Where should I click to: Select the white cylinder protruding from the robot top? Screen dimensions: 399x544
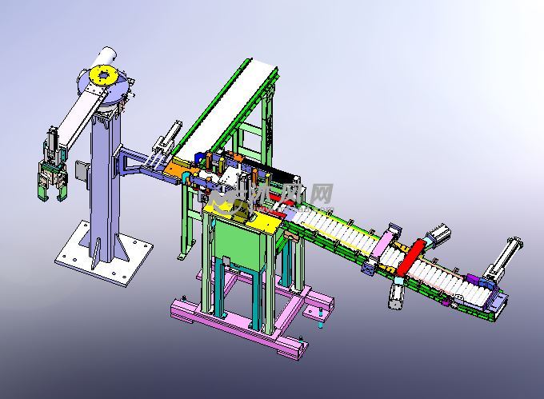pyautogui.click(x=106, y=57)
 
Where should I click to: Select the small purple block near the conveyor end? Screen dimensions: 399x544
pyautogui.click(x=473, y=281)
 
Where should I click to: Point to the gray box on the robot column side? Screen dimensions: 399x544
pyautogui.click(x=81, y=170)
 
